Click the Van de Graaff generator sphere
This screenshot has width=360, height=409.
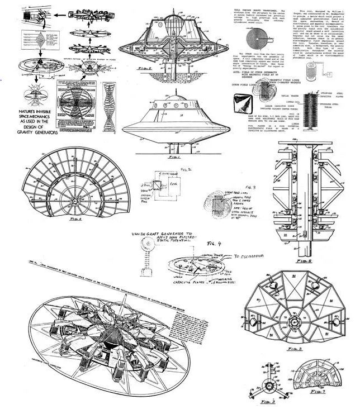click(148, 244)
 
